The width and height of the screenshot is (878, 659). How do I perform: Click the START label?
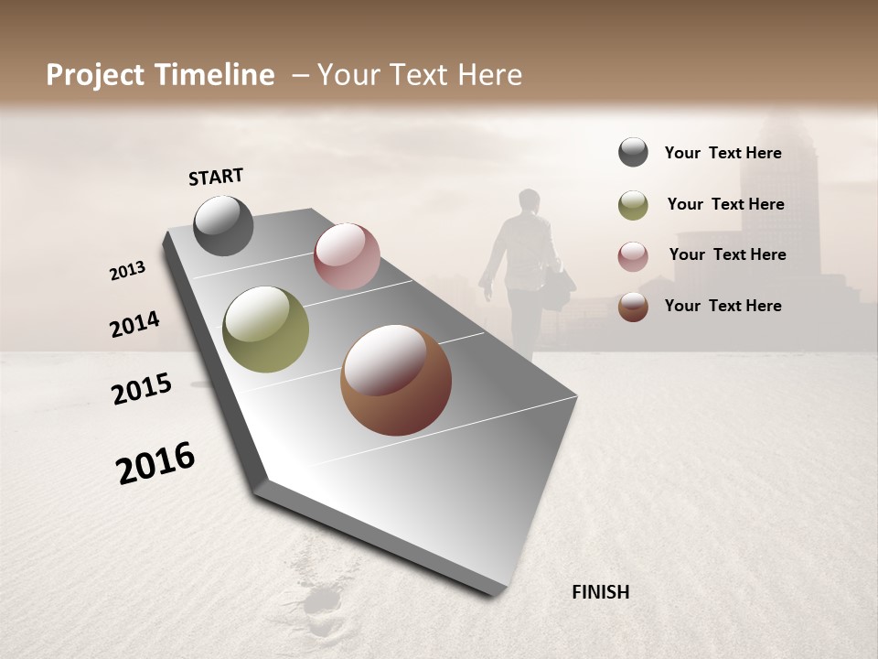(x=216, y=177)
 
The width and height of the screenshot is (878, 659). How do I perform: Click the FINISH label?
(x=600, y=592)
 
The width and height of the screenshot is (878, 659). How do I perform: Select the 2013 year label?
(x=128, y=271)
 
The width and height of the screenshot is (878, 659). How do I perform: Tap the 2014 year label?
(x=134, y=325)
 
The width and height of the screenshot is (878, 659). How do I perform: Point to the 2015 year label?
(x=142, y=389)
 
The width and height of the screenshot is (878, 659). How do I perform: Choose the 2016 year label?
(x=155, y=462)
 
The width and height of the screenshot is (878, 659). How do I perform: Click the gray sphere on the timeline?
(x=223, y=226)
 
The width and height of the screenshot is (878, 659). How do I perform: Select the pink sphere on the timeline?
(x=347, y=256)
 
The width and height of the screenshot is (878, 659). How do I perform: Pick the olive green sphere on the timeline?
(x=265, y=329)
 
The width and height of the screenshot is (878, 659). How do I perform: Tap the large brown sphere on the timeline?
(x=396, y=380)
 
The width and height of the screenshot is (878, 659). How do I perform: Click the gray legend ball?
(x=633, y=153)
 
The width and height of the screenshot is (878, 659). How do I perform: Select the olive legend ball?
(x=633, y=205)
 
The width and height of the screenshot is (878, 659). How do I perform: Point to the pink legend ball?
(x=633, y=256)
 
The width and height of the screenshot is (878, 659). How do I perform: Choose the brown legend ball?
(x=633, y=307)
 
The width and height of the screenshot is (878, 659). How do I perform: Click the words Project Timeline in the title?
(x=160, y=75)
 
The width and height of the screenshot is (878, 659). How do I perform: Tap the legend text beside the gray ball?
(x=723, y=153)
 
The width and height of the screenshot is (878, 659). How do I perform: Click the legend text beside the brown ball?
(x=723, y=306)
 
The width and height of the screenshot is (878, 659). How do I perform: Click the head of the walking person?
(x=529, y=200)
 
